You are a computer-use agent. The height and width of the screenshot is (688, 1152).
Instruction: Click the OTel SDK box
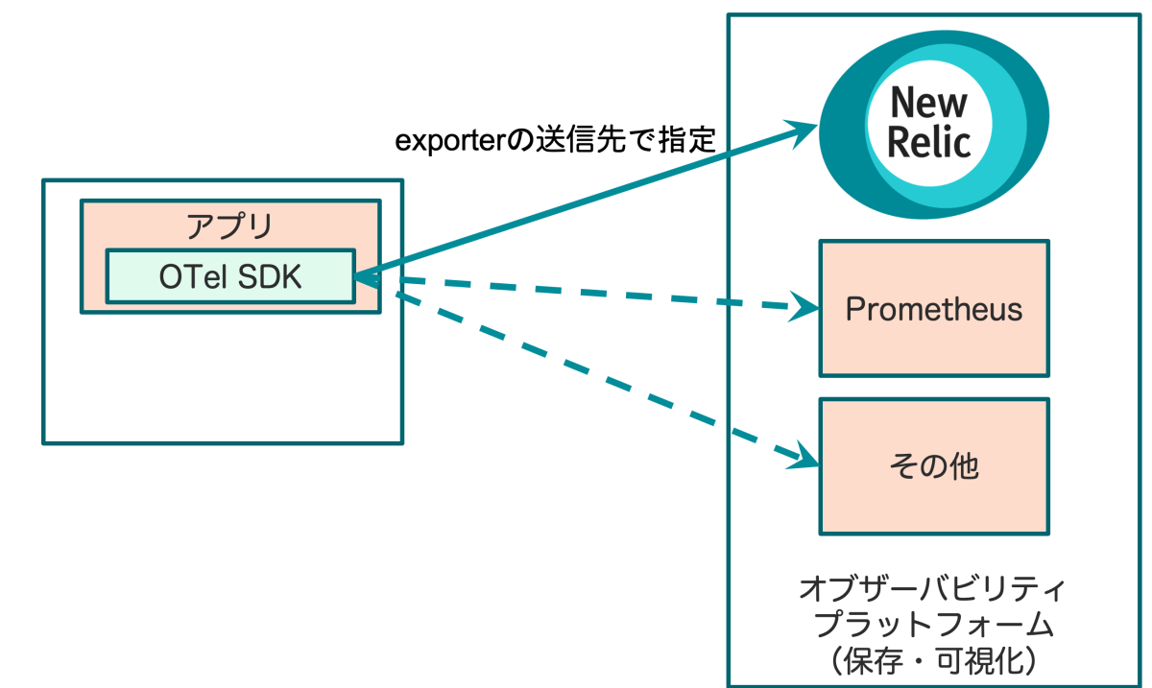tap(230, 276)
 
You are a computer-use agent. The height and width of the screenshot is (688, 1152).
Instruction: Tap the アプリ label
tap(229, 226)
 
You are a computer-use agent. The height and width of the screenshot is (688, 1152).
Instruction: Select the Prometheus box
tap(933, 309)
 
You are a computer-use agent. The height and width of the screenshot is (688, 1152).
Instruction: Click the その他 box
tap(933, 467)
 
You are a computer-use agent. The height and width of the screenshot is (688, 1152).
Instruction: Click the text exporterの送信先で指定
tap(557, 142)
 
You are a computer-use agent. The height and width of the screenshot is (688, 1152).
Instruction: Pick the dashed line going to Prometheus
tap(595, 293)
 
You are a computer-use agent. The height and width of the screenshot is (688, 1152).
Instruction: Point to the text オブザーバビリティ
tap(933, 588)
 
